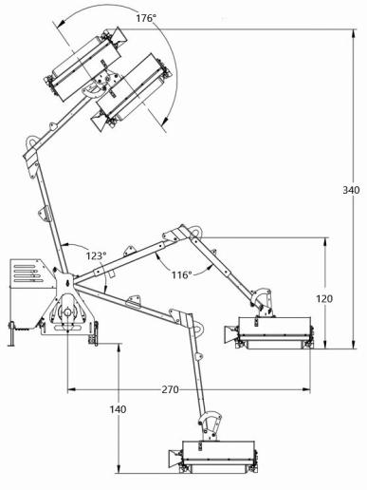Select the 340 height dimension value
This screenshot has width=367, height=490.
[x=350, y=191]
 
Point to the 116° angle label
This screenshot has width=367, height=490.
[x=181, y=274]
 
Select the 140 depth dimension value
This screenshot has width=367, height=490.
[x=118, y=409]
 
